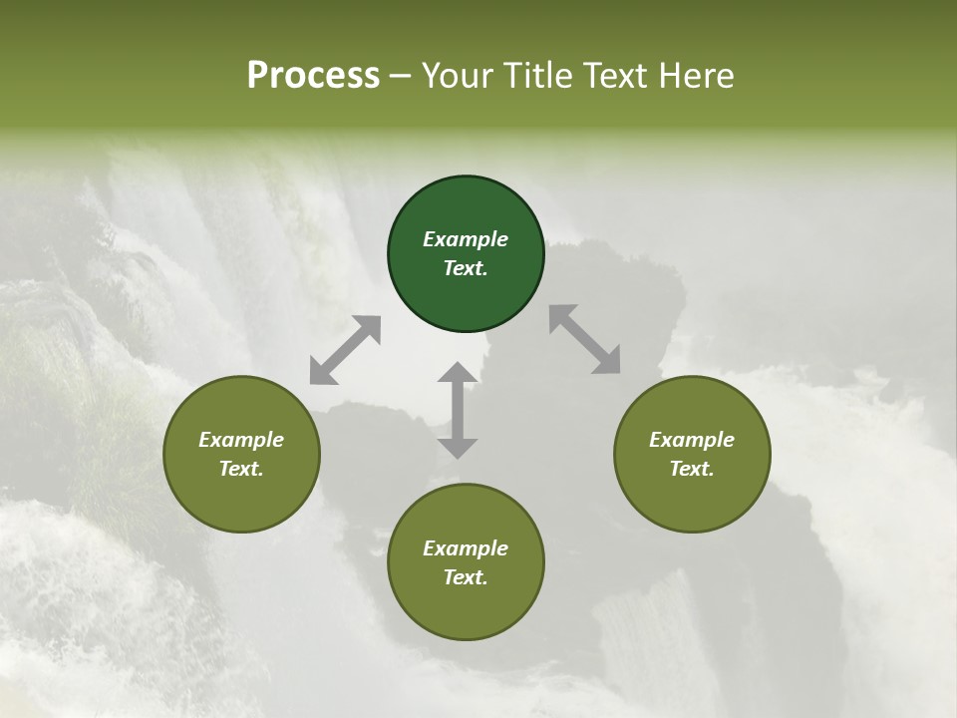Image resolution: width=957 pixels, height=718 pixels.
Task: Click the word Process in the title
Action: coord(313,76)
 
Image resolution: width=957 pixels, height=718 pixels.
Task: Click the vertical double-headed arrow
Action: coord(458,410)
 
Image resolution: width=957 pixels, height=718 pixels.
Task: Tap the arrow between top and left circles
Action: coord(345,350)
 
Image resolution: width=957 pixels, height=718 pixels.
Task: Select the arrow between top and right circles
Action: coord(584,340)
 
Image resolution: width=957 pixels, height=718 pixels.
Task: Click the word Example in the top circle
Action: coord(466,239)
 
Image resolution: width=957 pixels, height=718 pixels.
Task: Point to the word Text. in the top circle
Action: coord(466,268)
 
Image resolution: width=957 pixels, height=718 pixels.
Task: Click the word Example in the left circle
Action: coord(241,440)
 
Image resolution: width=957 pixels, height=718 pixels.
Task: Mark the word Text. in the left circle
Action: coord(241,469)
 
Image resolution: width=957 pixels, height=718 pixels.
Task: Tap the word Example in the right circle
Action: coord(692,440)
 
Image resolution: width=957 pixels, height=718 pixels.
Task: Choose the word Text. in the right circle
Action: coord(692,469)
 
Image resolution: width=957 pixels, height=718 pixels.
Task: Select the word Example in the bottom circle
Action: coord(466,548)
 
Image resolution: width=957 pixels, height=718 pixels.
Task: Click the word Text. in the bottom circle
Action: coord(466,577)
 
